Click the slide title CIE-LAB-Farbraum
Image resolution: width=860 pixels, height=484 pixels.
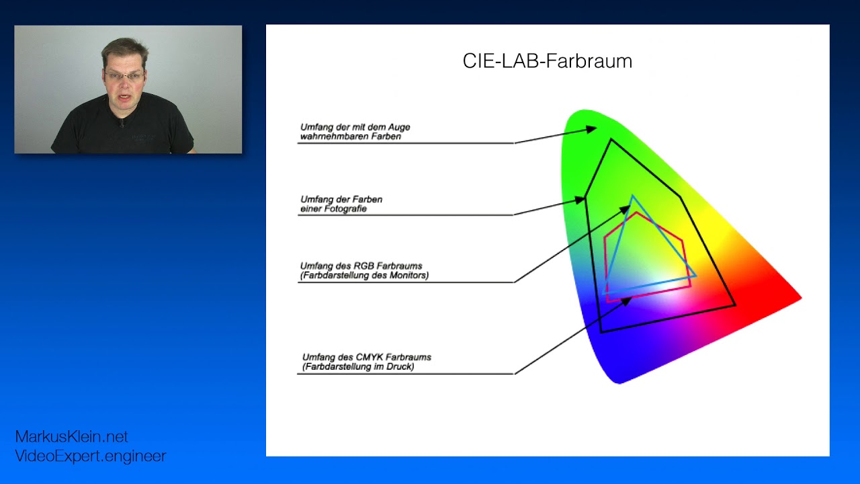pos(547,61)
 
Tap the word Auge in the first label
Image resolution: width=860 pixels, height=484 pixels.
pos(400,127)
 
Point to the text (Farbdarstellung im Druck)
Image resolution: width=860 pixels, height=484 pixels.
pos(357,367)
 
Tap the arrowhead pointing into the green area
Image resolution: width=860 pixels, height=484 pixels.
pos(591,128)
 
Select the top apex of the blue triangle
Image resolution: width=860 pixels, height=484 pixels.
pos(632,196)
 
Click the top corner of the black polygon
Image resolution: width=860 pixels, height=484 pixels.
pos(611,140)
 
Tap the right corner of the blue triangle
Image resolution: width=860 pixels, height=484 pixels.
pos(696,276)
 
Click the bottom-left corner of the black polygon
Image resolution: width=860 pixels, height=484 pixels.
pos(601,331)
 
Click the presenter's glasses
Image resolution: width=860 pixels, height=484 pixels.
pos(124,75)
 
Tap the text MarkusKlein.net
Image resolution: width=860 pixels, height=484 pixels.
pos(71,437)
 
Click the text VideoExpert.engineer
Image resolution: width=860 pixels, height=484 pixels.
pos(90,456)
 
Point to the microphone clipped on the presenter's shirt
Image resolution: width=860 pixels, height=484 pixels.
pos(122,124)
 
